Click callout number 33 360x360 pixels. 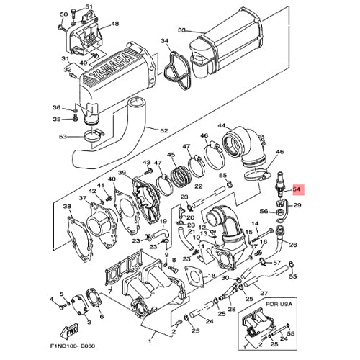point(181,30)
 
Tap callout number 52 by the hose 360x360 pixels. point(163,130)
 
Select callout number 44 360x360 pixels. point(221,126)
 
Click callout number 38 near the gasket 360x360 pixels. point(68,207)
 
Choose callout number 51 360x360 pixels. point(89,6)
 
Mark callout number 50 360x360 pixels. point(63,14)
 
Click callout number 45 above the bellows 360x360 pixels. point(171,155)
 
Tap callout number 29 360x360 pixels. point(297,206)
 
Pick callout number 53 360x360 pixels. point(62,136)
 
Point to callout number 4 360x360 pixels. point(52,298)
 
